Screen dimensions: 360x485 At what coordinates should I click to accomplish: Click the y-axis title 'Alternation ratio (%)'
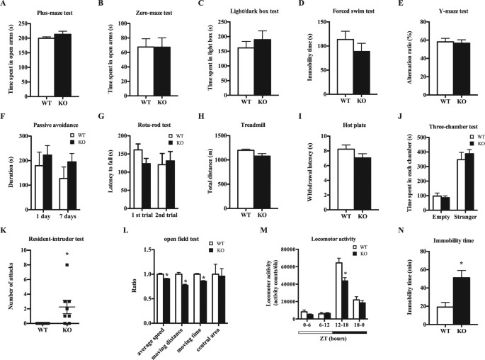coord(403,60)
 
